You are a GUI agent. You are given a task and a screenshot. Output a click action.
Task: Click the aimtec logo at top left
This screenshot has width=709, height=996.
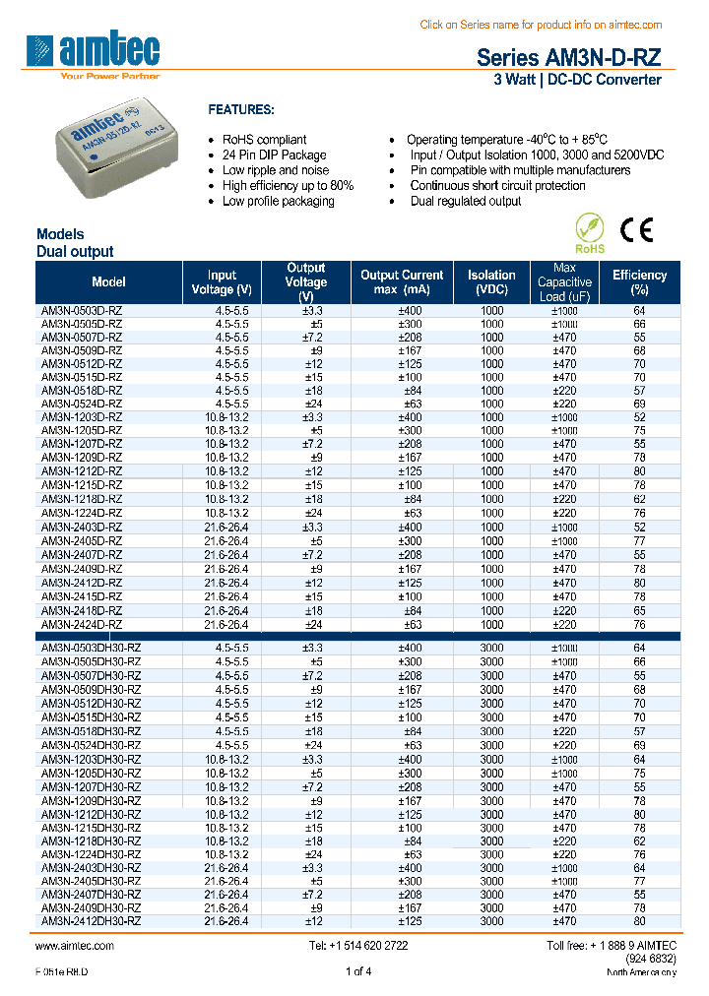click(x=96, y=54)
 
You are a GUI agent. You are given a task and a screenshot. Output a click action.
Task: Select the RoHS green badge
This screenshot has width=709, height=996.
click(x=589, y=234)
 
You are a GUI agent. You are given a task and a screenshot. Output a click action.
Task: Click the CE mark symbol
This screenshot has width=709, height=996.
click(x=635, y=229)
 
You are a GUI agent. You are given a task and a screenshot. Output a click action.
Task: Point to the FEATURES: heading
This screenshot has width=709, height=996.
click(x=241, y=110)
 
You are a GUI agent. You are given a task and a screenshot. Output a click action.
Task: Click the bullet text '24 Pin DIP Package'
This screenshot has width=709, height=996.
click(x=274, y=156)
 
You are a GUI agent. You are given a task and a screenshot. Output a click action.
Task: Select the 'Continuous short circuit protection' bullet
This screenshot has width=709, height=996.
click(x=497, y=186)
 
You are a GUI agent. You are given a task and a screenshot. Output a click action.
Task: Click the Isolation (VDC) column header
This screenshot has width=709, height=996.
click(x=491, y=282)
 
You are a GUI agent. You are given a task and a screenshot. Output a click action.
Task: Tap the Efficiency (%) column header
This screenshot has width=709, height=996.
click(x=639, y=282)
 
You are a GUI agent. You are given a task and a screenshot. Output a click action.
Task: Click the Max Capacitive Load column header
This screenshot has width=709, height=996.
click(x=564, y=282)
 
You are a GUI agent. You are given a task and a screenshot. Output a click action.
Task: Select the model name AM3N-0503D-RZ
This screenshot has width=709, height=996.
click(x=82, y=311)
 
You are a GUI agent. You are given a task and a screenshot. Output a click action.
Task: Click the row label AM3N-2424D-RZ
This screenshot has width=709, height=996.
click(x=82, y=624)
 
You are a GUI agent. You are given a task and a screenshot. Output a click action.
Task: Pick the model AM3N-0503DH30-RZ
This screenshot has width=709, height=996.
click(x=91, y=649)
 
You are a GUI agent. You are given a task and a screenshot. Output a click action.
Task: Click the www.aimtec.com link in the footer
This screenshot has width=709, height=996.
click(x=75, y=945)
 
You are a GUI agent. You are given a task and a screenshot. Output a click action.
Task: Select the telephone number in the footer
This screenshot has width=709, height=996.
click(x=358, y=945)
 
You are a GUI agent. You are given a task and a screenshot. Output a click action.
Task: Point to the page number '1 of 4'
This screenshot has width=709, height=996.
click(x=358, y=972)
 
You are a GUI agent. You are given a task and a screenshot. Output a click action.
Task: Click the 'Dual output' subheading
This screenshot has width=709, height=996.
click(x=75, y=252)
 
